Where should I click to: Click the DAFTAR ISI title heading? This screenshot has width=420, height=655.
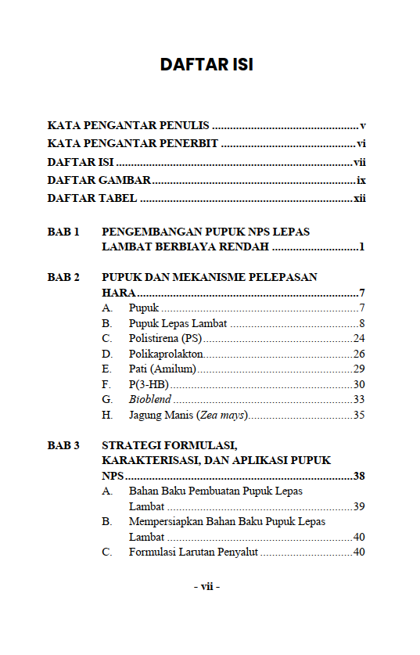pyautogui.click(x=206, y=64)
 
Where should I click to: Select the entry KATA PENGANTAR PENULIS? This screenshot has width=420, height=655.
pyautogui.click(x=128, y=125)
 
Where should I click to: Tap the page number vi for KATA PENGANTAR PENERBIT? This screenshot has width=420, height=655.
pyautogui.click(x=361, y=143)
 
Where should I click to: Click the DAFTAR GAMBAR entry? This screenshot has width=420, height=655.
pyautogui.click(x=99, y=180)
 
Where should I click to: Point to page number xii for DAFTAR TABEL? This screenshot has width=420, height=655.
pyautogui.click(x=360, y=198)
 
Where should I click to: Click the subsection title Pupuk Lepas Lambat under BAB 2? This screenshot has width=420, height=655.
pyautogui.click(x=178, y=323)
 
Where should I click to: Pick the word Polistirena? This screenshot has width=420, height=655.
pyautogui.click(x=154, y=338)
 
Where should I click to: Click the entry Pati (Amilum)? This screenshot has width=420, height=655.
pyautogui.click(x=163, y=369)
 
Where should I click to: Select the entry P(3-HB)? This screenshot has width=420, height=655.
pyautogui.click(x=149, y=384)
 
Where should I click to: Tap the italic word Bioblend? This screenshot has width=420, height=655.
pyautogui.click(x=150, y=399)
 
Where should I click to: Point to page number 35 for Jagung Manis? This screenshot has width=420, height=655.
pyautogui.click(x=359, y=415)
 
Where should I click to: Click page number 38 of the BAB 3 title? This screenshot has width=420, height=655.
pyautogui.click(x=360, y=476)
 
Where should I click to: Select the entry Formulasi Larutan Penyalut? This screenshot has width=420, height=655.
pyautogui.click(x=193, y=552)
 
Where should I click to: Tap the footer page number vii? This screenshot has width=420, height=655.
pyautogui.click(x=207, y=586)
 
